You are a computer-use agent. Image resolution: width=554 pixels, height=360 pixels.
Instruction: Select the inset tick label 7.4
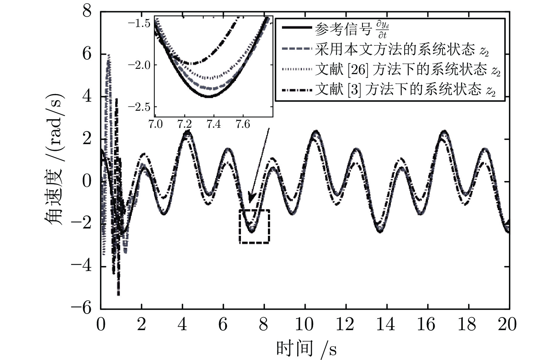coord(214,124)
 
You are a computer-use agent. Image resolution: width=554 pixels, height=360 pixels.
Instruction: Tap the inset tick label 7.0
coord(155,124)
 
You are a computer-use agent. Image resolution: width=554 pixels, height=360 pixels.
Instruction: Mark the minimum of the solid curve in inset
coord(208,96)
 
